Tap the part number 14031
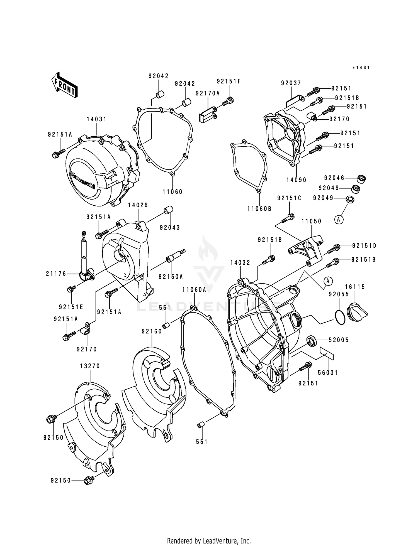96,119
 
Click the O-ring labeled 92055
339,318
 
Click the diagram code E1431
361,68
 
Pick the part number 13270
90,366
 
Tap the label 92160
152,331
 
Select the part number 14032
240,263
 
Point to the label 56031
328,373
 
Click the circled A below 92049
339,220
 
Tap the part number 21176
56,274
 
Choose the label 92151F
229,82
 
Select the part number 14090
296,180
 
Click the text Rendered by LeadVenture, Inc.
209,541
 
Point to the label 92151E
71,307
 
